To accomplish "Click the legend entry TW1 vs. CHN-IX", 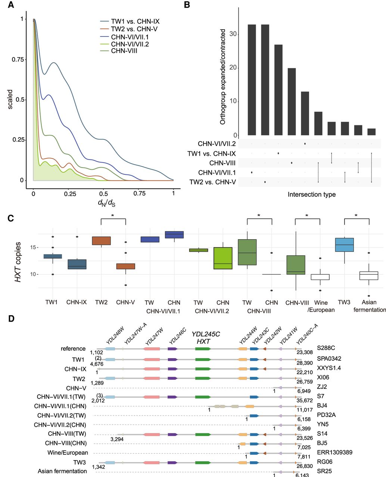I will tap(135, 22).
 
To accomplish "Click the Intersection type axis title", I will tap(311, 195).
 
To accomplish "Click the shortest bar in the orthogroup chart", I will tap(371, 132).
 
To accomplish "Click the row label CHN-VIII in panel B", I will tap(222, 163).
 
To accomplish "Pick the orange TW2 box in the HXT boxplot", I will tap(101, 241).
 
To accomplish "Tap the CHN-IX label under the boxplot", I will tap(77, 302).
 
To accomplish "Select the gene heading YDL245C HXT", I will tap(206, 338).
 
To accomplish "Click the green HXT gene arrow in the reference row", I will tap(203, 349).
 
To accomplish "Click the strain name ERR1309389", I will tap(334, 452).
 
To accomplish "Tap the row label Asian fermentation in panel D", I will tap(62, 471).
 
